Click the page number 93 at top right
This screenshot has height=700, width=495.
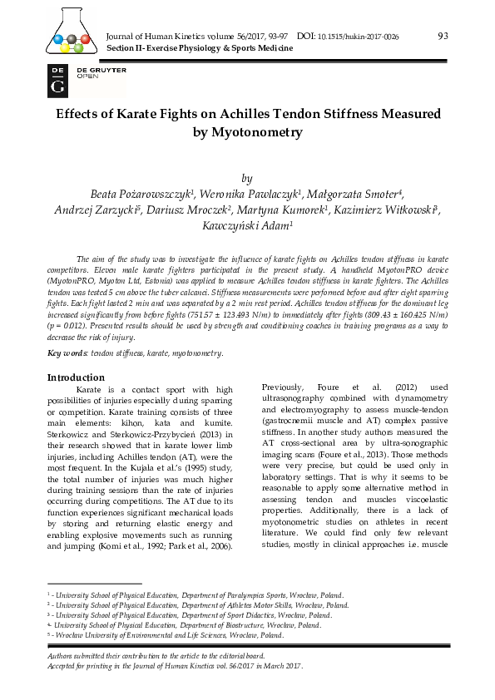coord(443,36)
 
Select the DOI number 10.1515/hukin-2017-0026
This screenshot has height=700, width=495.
coord(359,37)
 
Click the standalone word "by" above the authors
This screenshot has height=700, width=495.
coord(246,179)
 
